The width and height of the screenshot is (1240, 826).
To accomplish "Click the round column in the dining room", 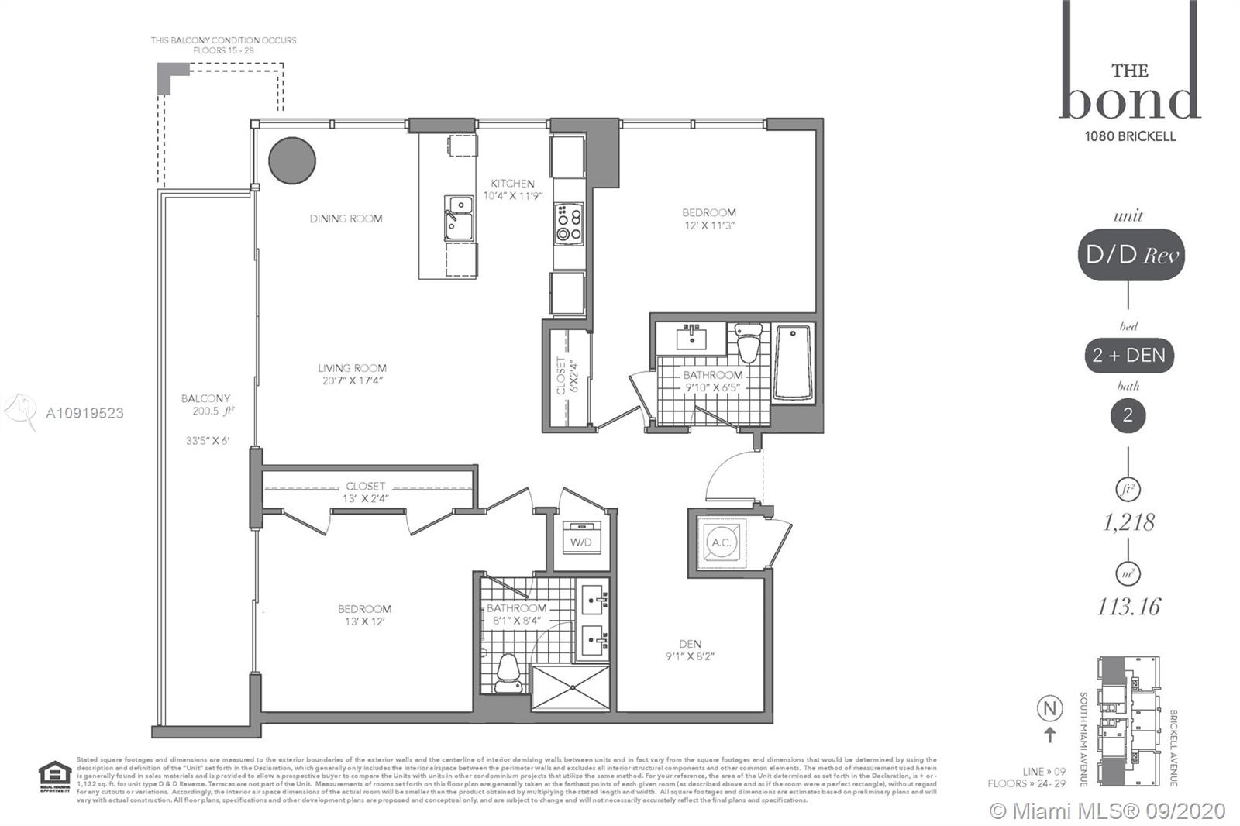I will coord(292,160).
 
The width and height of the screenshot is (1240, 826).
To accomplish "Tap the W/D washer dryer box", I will coord(581,541).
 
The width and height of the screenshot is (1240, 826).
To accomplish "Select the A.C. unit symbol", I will coord(722,542).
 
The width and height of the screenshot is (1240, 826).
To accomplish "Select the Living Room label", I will coord(352,368).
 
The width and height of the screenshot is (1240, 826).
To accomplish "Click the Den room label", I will coord(690,643).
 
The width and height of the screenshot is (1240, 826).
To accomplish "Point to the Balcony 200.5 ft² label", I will coord(206,404).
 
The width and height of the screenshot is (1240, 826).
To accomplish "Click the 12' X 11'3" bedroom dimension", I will coord(708,225).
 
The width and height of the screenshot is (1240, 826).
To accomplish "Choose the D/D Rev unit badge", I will coord(1129,255).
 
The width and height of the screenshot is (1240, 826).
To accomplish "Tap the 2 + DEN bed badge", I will coord(1128,356).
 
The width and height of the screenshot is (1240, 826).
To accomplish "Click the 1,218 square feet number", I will coord(1128,522).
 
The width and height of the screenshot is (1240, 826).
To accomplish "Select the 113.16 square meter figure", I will coord(1128,606).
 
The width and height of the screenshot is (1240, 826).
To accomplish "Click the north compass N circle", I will coord(1050,708).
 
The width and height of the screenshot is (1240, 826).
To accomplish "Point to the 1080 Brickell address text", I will coord(1130,136).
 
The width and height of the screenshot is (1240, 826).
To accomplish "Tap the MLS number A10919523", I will coord(84,413).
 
